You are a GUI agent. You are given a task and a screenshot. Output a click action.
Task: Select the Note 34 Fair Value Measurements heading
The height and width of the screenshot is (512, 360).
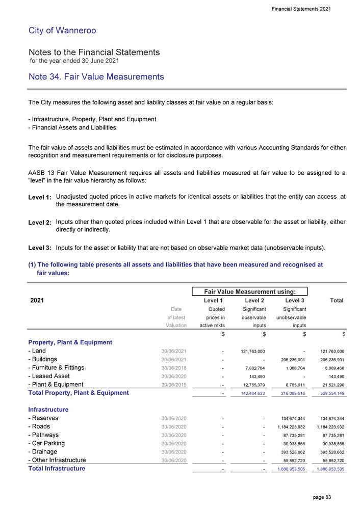point(96,77)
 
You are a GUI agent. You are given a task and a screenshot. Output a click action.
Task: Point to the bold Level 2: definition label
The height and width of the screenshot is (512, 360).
point(40,223)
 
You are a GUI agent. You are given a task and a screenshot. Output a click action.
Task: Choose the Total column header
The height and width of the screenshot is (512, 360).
point(336,301)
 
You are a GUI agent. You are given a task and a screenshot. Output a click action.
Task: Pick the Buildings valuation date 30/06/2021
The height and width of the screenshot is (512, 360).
point(173,360)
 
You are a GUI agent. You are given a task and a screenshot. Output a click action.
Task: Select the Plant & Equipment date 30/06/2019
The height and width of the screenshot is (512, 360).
point(173,385)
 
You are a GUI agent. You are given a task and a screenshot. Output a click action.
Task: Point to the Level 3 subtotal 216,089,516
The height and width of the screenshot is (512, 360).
point(291,393)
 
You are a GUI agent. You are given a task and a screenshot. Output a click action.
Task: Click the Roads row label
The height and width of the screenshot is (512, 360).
point(42,426)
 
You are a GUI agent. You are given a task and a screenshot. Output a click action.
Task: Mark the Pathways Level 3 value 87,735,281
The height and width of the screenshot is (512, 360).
point(293,435)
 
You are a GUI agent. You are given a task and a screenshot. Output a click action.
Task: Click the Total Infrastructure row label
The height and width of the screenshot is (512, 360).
point(57,468)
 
